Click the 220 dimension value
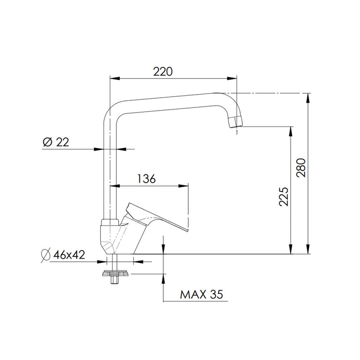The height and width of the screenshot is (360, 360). (163, 71)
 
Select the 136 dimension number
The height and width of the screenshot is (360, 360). (147, 178)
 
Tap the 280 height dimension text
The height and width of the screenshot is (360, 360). (301, 168)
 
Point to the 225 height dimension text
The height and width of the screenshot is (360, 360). (283, 196)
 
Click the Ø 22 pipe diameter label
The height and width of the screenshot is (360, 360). (56, 142)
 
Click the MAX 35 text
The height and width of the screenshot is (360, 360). (202, 295)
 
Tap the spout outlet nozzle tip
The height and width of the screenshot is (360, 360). (236, 122)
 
